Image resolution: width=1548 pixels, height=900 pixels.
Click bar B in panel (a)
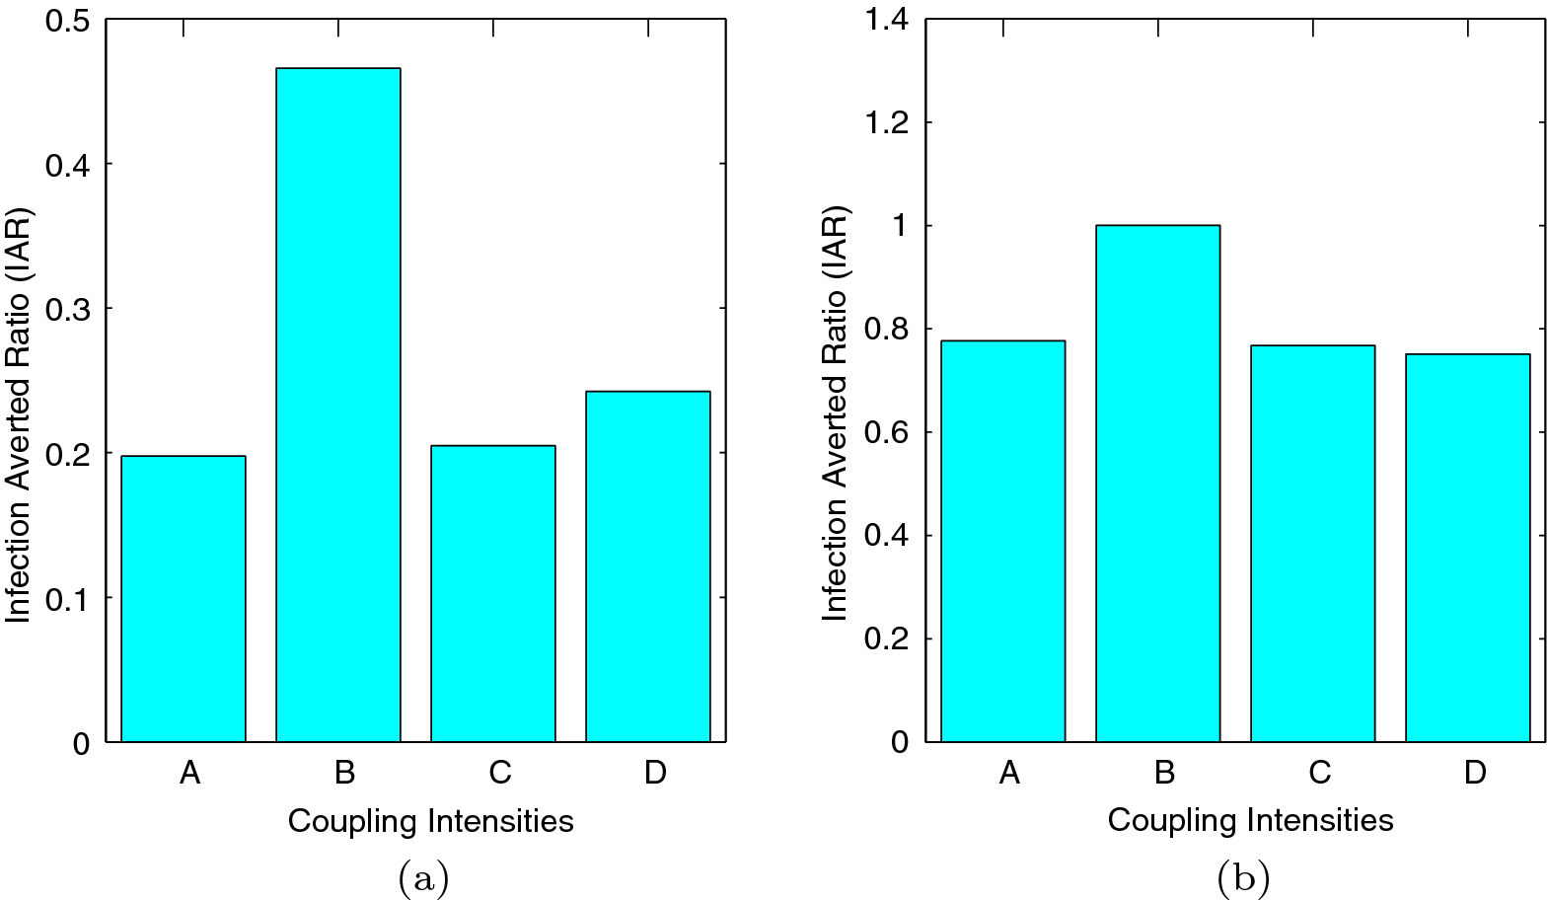click(338, 405)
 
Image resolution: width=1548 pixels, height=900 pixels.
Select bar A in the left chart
click(184, 598)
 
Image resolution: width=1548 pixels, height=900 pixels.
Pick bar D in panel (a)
click(648, 566)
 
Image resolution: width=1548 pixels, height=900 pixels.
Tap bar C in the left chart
click(493, 593)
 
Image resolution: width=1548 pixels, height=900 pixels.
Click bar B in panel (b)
click(1158, 484)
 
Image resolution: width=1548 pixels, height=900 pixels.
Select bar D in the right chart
click(1468, 548)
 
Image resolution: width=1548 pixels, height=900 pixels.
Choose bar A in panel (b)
click(1003, 541)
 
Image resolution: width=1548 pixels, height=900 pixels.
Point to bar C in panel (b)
click(1313, 543)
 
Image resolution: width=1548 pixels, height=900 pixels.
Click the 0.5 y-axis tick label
click(67, 20)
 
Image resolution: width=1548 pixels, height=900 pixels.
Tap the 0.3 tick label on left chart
click(67, 310)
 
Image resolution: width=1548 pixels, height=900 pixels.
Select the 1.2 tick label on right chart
click(886, 123)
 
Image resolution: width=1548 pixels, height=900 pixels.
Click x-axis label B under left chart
click(344, 772)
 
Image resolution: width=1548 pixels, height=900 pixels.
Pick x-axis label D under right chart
click(1475, 772)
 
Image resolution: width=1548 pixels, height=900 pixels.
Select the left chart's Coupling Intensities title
click(430, 821)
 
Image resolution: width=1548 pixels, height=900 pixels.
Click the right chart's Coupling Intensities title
click(1250, 820)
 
